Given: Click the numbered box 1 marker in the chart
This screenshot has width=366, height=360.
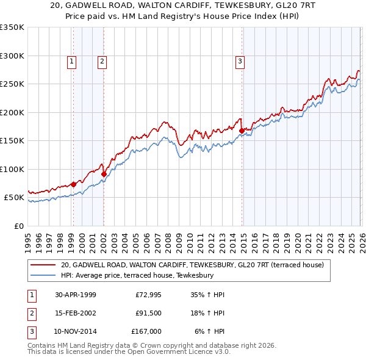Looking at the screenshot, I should coord(72,61).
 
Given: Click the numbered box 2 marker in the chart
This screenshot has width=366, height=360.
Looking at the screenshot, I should coord(102,61).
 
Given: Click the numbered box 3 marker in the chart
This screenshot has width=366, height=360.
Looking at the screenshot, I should coord(240,61).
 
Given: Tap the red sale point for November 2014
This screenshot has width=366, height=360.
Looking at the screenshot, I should coord(242,131).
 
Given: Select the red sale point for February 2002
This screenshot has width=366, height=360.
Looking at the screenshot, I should coord(104,174).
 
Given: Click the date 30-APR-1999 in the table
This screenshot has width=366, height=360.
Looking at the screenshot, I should coord(76,295).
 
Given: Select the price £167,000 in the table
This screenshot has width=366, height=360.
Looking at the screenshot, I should coord(146,331).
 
